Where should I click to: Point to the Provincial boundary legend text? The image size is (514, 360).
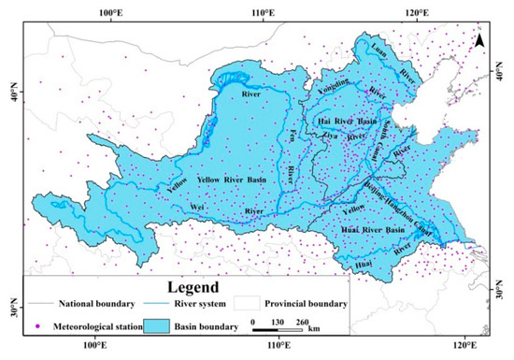point(303,304)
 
